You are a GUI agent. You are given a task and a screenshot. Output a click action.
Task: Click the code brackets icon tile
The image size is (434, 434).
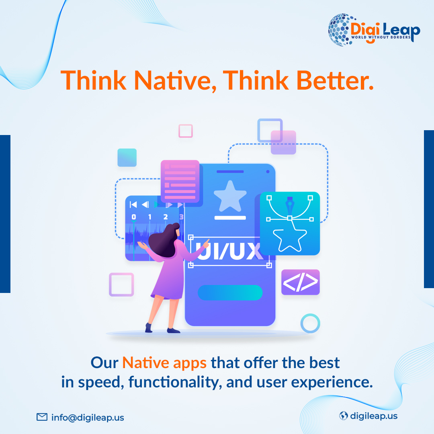point(300,282)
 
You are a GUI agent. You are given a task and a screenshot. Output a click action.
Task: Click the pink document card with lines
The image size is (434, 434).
point(180,181)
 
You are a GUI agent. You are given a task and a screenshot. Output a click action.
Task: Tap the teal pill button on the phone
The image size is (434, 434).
point(230,293)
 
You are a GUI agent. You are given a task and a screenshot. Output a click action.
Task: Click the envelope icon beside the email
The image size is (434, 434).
point(42,417)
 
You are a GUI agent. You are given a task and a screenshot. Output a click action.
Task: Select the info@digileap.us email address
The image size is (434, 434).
point(88,418)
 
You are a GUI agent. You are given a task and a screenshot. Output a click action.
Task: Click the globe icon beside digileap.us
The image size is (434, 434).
point(343,416)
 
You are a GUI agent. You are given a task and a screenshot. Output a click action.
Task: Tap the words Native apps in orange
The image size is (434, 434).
point(164,362)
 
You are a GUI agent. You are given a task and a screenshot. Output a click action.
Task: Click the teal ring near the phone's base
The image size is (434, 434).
point(310,323)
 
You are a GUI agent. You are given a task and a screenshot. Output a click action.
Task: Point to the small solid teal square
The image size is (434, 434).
point(127,158)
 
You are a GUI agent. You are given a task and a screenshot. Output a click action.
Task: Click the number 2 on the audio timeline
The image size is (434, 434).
point(165,217)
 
